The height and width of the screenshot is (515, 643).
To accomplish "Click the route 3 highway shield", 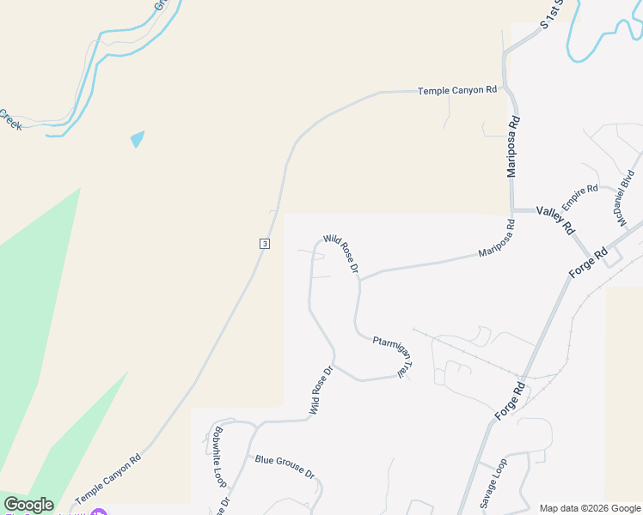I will point(265,244).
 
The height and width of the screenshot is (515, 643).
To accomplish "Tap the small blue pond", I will point(137,138).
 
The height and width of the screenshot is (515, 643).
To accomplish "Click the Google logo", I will point(28,505).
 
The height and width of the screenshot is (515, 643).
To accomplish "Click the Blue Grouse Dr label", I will point(285,466).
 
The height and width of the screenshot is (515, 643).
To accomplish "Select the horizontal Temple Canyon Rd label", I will point(457,90).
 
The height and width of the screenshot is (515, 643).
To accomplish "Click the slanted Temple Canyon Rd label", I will point(107,479).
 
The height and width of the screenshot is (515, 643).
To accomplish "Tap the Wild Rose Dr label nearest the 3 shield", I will point(341,255).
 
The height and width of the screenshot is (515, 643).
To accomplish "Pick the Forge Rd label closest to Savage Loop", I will point(510,401).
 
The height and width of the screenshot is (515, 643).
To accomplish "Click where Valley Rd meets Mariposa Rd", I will point(512,210).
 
